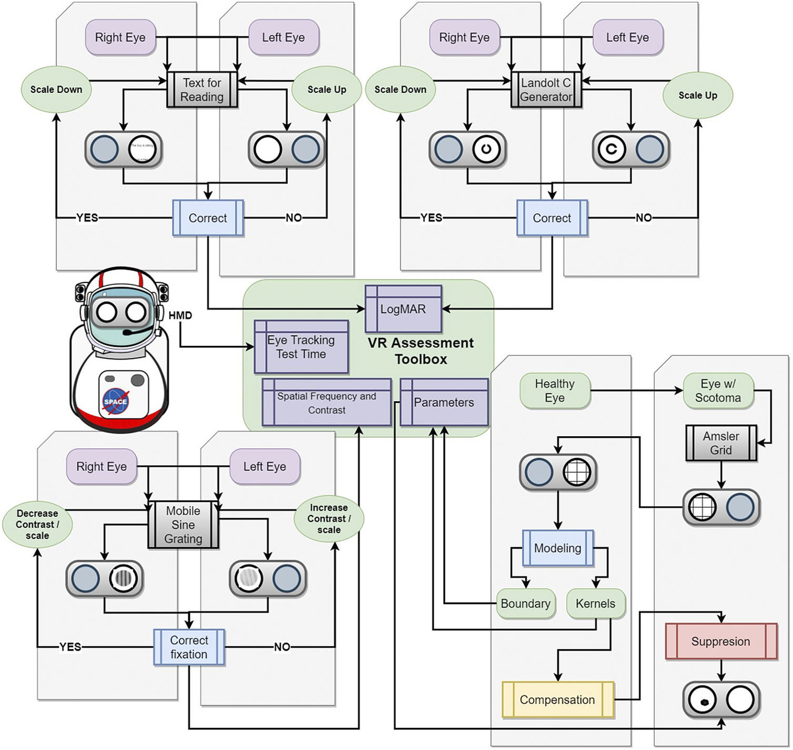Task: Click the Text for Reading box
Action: pyautogui.click(x=202, y=90)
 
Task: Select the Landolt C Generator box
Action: pyautogui.click(x=546, y=90)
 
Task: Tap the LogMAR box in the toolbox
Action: pyautogui.click(x=403, y=309)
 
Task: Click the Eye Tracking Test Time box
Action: pyautogui.click(x=301, y=347)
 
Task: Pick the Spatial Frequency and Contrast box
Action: pyautogui.click(x=327, y=403)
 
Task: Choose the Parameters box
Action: pyautogui.click(x=444, y=403)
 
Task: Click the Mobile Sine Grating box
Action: pyautogui.click(x=183, y=525)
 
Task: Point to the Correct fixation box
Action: pyautogui.click(x=189, y=647)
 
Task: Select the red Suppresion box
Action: pyautogui.click(x=721, y=641)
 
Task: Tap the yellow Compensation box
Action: pyautogui.click(x=557, y=700)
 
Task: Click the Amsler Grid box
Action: pyautogui.click(x=721, y=443)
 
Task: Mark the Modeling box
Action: pyautogui.click(x=558, y=548)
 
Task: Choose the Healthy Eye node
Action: pyautogui.click(x=555, y=391)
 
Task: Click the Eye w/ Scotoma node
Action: pyautogui.click(x=718, y=391)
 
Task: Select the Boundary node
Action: pyautogui.click(x=525, y=603)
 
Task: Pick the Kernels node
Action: pyautogui.click(x=595, y=603)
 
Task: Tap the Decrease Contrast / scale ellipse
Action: pyautogui.click(x=37, y=525)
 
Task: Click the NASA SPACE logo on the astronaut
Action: pyautogui.click(x=116, y=402)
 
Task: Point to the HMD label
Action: pyautogui.click(x=180, y=315)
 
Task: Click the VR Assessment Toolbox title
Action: pyautogui.click(x=421, y=351)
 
